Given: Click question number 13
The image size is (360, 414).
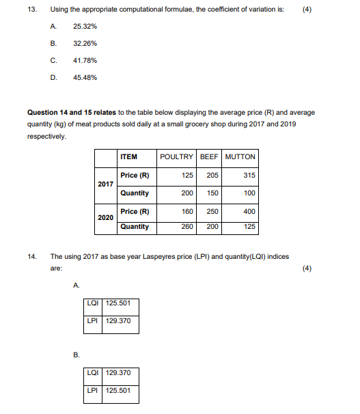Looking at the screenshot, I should (31, 10).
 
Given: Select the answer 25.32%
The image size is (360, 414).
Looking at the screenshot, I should (85, 26).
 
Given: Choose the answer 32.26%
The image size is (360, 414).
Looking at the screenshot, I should (85, 43).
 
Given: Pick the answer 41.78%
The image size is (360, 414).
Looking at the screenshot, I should (85, 60).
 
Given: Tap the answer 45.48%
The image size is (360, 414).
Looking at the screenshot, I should (85, 77).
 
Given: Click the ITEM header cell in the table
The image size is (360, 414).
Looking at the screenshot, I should (128, 156).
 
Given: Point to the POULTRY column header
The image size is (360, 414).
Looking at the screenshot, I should (177, 156).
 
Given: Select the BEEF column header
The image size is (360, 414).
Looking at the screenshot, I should (210, 156).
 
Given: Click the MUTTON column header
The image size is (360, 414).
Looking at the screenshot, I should (240, 156).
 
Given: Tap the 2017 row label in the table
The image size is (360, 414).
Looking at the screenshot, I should (106, 184).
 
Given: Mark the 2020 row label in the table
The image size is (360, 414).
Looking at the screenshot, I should (106, 217).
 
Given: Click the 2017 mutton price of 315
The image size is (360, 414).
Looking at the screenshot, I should (249, 176).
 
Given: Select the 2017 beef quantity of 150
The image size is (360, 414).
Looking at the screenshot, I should (211, 193).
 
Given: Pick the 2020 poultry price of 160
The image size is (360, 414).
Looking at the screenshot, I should (187, 211).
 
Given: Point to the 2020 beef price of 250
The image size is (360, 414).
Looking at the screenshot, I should (212, 211).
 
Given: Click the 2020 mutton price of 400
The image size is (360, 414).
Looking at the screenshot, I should (249, 211).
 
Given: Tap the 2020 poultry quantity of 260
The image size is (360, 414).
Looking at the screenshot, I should (187, 226).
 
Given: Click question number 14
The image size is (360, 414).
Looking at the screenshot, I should (31, 257).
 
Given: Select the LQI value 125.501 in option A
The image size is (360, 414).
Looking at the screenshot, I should (119, 303).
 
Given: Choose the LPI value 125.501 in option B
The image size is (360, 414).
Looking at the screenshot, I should (119, 391).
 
